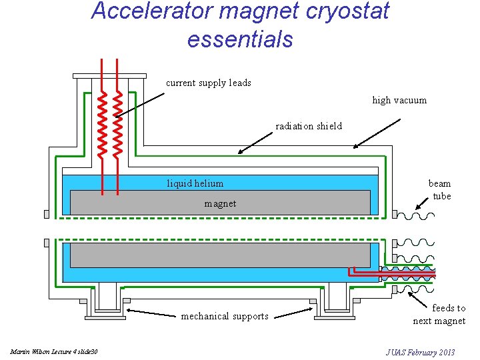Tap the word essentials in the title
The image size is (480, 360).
pyautogui.click(x=240, y=39)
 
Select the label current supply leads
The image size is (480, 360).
pyautogui.click(x=208, y=83)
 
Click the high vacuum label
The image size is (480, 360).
pyautogui.click(x=399, y=100)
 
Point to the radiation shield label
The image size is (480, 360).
pyautogui.click(x=309, y=126)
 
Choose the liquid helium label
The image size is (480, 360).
pyautogui.click(x=195, y=183)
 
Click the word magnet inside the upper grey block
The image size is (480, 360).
pyautogui.click(x=220, y=203)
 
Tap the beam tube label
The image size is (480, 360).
pyautogui.click(x=440, y=189)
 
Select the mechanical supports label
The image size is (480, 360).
pyautogui.click(x=224, y=316)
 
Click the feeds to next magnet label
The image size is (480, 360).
pyautogui.click(x=439, y=314)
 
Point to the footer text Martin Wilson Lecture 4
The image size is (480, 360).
pyautogui.click(x=54, y=351)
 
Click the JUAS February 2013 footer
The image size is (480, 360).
pyautogui.click(x=420, y=351)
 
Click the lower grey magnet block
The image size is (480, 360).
pyautogui.click(x=220, y=255)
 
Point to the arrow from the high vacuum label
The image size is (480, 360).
pyautogui.click(x=377, y=133)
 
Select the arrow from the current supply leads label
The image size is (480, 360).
pyautogui.click(x=140, y=105)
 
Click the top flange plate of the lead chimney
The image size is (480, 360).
pyautogui.click(x=109, y=75)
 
